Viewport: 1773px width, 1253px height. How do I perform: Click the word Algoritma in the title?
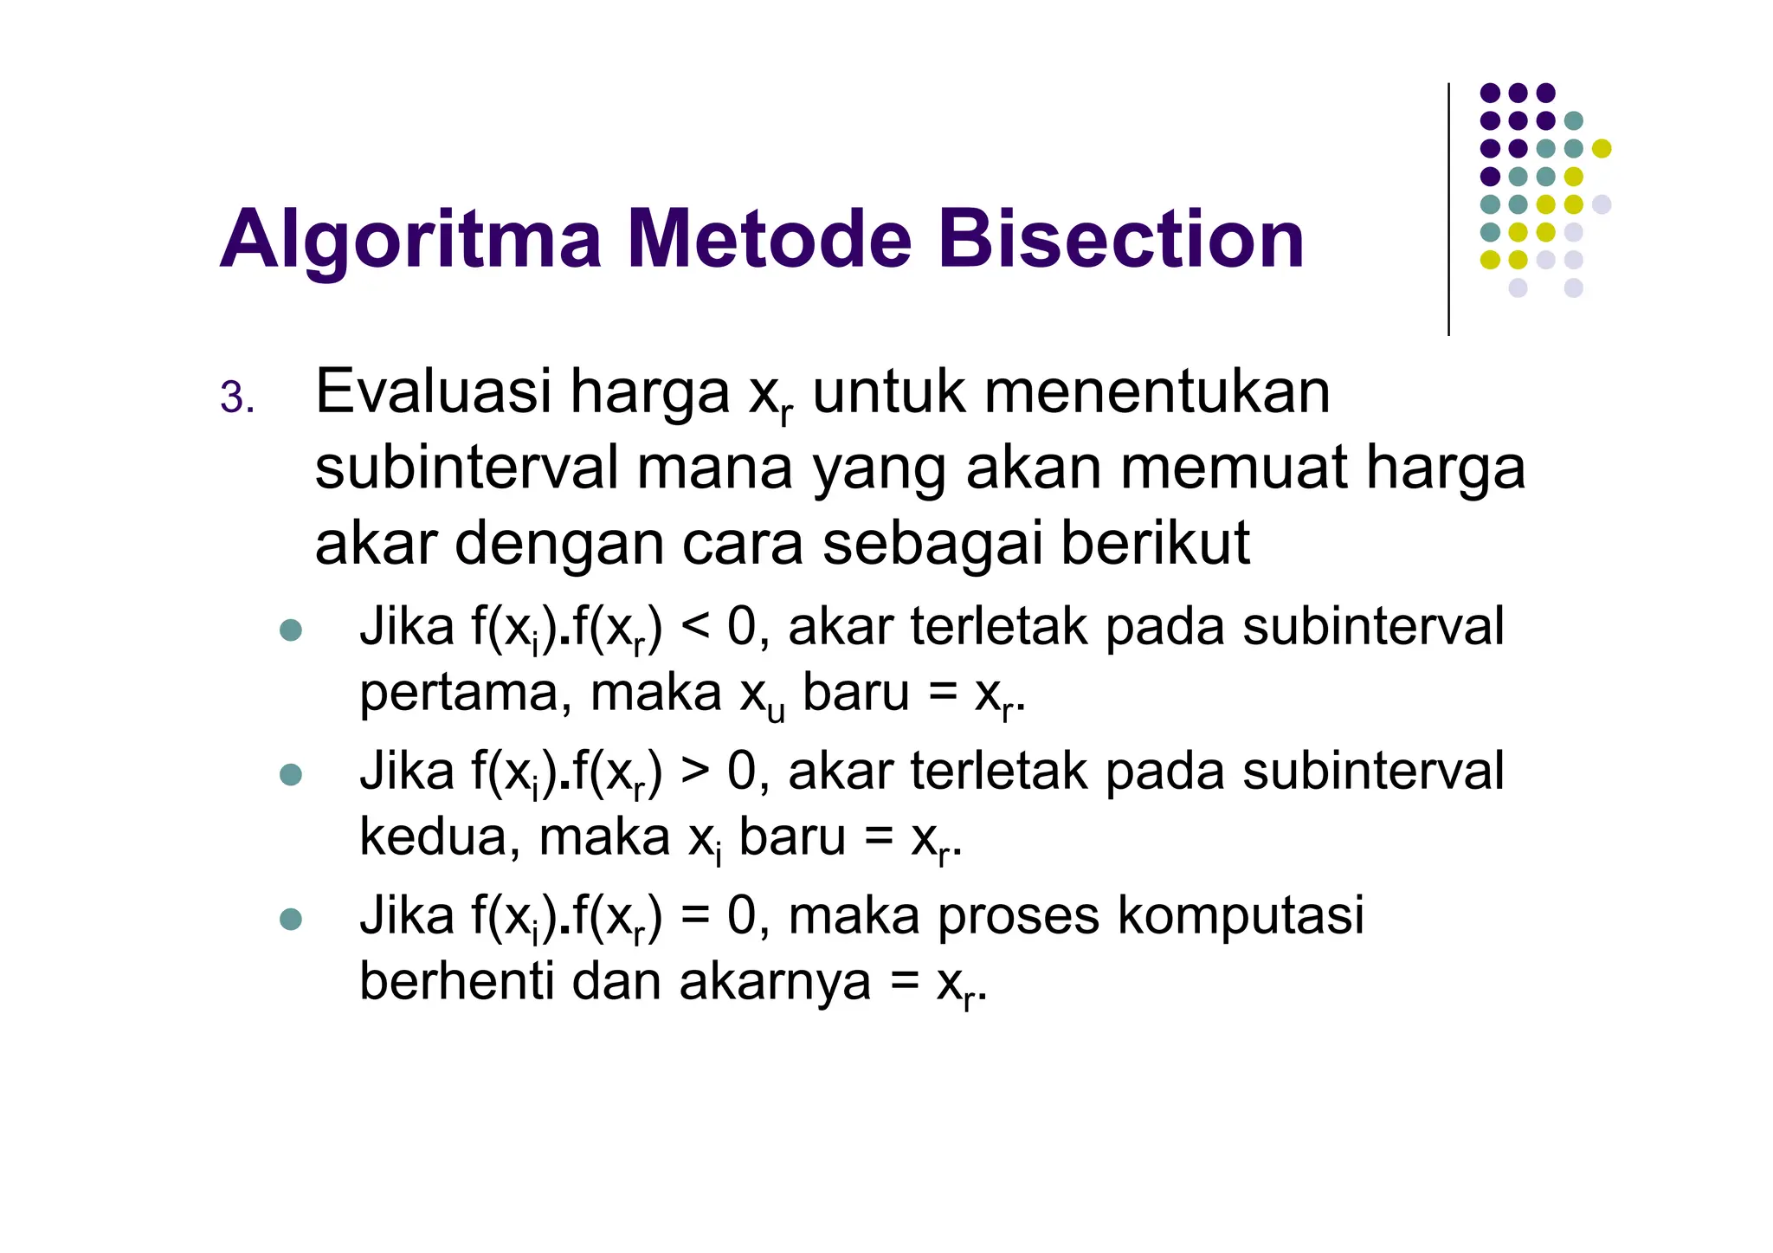[410, 241]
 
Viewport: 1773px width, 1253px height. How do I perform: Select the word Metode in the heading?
[769, 239]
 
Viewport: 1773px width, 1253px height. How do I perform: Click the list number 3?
[236, 398]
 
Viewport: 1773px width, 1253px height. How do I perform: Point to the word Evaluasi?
[433, 392]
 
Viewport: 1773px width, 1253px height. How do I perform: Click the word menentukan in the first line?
[1157, 392]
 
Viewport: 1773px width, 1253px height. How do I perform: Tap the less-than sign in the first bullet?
[695, 627]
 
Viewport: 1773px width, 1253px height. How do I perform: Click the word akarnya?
[775, 984]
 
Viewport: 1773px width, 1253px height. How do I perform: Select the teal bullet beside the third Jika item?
[291, 919]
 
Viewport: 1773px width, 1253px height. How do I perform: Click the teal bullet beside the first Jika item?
[291, 630]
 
